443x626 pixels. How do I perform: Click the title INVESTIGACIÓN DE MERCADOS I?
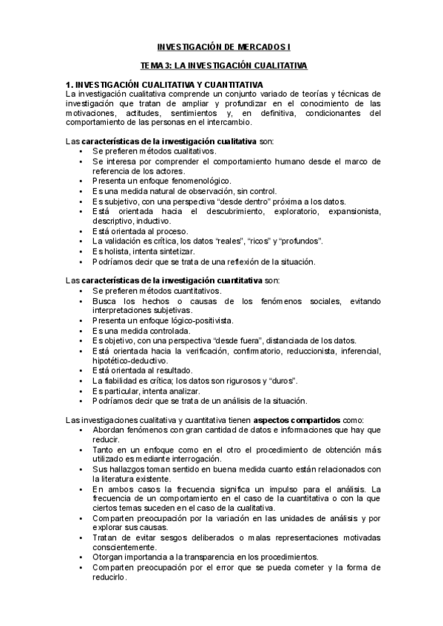(222, 47)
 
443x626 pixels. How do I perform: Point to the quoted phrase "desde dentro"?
(240, 202)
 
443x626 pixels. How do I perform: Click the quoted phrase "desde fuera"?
(237, 340)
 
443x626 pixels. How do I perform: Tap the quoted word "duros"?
(282, 380)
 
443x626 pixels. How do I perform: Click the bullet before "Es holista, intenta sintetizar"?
(80, 252)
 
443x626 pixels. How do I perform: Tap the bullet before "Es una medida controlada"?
(80, 331)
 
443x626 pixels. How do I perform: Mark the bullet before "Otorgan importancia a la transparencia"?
(80, 557)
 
